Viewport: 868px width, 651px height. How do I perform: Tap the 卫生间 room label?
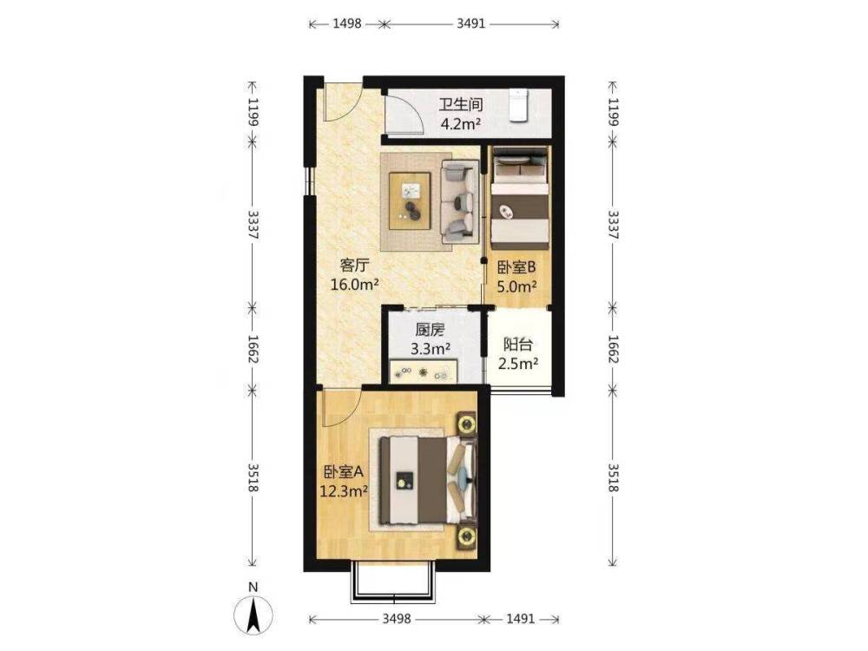(461, 104)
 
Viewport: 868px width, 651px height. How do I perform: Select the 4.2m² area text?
(461, 123)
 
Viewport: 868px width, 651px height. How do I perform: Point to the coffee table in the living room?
(410, 201)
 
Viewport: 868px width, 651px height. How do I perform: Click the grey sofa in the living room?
(459, 201)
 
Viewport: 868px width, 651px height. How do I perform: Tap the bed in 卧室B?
(520, 198)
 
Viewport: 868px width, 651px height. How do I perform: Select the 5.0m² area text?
(517, 286)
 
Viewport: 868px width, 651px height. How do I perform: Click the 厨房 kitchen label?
(431, 331)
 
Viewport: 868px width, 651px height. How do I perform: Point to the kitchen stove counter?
(424, 372)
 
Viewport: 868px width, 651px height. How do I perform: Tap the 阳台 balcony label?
(518, 345)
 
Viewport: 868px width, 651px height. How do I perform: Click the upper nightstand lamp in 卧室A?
(467, 424)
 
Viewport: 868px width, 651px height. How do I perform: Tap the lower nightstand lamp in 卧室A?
(467, 536)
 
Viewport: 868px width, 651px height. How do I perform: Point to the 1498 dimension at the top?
(347, 23)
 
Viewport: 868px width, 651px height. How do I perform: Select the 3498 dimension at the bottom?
(397, 618)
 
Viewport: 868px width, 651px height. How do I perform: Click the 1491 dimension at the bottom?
(520, 618)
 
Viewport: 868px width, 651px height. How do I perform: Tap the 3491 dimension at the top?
(471, 23)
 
